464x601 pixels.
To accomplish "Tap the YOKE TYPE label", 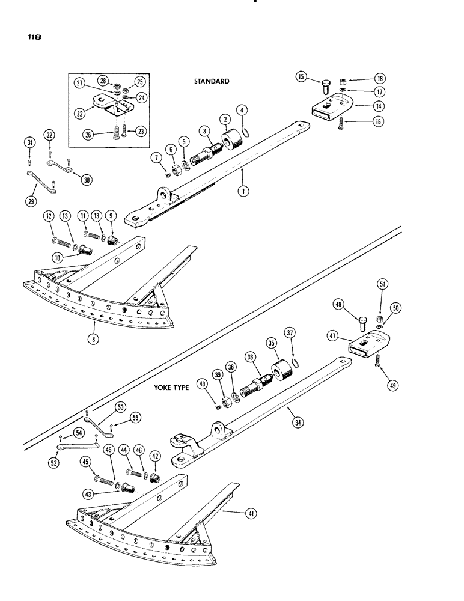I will click(x=169, y=388).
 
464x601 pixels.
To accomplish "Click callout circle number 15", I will click(x=301, y=76).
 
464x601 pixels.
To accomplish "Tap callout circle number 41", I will click(x=246, y=512).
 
